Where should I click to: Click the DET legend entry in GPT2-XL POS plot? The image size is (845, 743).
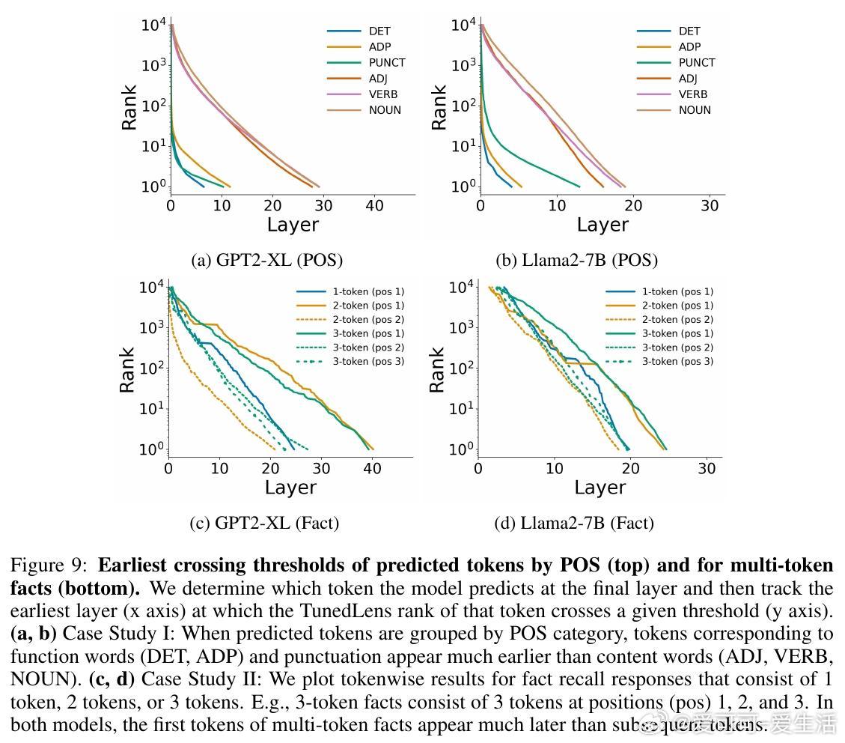click(379, 31)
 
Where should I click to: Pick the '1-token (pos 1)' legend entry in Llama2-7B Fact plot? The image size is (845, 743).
click(677, 291)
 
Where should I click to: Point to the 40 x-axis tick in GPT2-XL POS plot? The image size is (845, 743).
click(374, 206)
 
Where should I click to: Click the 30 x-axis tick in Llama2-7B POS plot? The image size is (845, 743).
click(709, 206)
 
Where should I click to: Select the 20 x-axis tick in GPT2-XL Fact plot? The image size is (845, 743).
click(270, 469)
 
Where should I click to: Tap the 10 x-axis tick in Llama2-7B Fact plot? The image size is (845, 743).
click(555, 469)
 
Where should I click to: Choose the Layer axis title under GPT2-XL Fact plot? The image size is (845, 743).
click(290, 488)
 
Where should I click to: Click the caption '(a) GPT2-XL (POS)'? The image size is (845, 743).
click(267, 261)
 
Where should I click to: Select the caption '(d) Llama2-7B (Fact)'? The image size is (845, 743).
click(574, 523)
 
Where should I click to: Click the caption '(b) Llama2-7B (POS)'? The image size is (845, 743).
click(577, 261)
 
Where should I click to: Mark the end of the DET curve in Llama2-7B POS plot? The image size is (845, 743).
click(511, 186)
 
